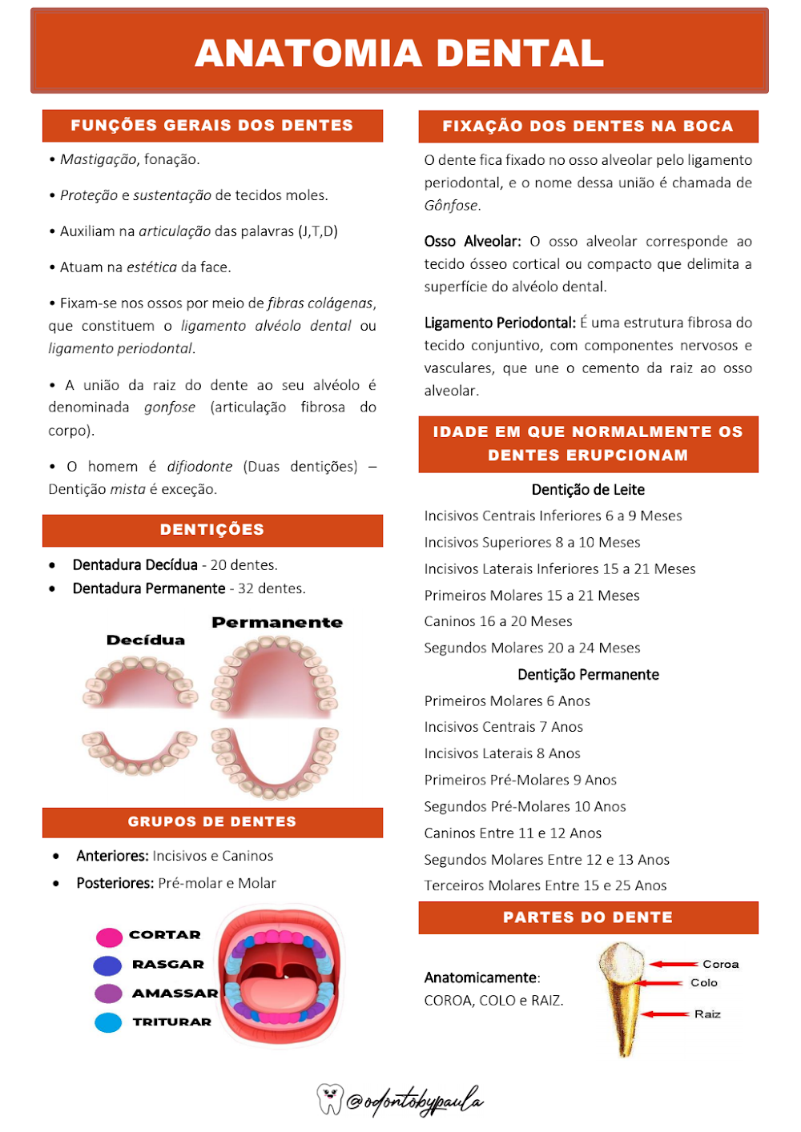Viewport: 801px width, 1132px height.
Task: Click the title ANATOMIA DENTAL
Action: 399,53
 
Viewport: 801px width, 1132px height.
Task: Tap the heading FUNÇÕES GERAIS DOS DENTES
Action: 212,126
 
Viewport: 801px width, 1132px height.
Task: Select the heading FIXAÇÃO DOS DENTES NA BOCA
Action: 588,126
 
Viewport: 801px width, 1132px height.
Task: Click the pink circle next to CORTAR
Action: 109,937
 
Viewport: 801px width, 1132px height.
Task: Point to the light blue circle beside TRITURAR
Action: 108,1022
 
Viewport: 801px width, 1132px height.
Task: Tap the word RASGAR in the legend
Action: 168,965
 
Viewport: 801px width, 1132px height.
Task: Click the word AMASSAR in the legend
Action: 175,994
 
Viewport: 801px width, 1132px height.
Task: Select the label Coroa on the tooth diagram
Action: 720,965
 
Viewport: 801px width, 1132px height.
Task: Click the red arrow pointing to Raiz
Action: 664,1014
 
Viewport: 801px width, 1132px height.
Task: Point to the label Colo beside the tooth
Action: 704,983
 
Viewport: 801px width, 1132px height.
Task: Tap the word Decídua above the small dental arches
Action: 146,640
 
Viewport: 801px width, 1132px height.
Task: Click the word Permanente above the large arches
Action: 277,623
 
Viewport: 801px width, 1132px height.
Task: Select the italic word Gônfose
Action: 452,206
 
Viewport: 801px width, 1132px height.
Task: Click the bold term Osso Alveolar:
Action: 473,242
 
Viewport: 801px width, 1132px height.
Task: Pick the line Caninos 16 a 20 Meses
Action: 498,621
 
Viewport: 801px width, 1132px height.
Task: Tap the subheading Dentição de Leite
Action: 588,490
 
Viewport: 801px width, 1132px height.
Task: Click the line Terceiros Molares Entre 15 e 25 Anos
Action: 545,885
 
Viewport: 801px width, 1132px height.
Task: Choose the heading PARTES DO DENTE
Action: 588,917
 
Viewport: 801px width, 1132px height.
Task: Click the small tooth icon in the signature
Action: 329,1099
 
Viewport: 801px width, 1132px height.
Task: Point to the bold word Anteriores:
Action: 112,856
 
